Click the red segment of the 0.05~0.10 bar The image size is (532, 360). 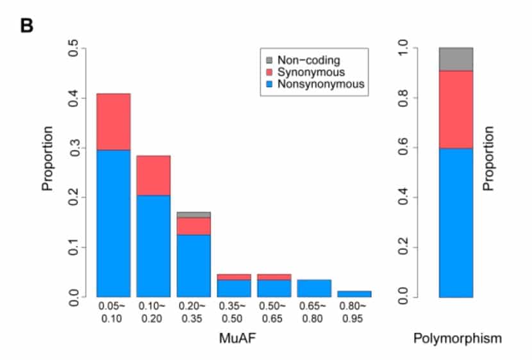(x=113, y=122)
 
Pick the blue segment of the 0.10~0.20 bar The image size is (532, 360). (x=153, y=246)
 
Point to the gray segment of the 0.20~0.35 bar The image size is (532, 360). (x=194, y=215)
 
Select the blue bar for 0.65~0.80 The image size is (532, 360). (x=314, y=288)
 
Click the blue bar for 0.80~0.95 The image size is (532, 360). (x=354, y=294)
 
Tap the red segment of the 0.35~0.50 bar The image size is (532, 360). (x=234, y=277)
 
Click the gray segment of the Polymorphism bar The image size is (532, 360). (x=456, y=59)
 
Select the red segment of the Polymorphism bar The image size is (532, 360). (x=456, y=109)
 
